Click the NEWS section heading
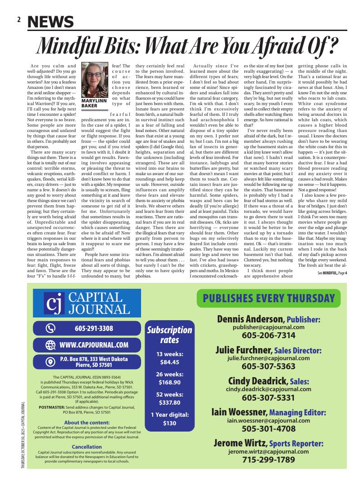pos(51,21)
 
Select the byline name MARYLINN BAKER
pos(93,103)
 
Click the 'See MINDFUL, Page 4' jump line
pos(332,273)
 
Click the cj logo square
pos(54,303)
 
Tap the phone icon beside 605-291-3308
pos(50,328)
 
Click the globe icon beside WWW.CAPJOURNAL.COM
pos(50,345)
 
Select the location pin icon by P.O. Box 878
pos(50,362)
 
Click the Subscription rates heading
pos(170,335)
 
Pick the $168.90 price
pos(169,382)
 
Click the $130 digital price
pos(169,423)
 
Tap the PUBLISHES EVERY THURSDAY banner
pos(269,299)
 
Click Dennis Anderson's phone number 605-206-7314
pos(269,335)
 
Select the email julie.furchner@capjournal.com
pos(269,358)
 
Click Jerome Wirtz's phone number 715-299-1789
pos(269,459)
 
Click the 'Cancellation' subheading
pos(87,446)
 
